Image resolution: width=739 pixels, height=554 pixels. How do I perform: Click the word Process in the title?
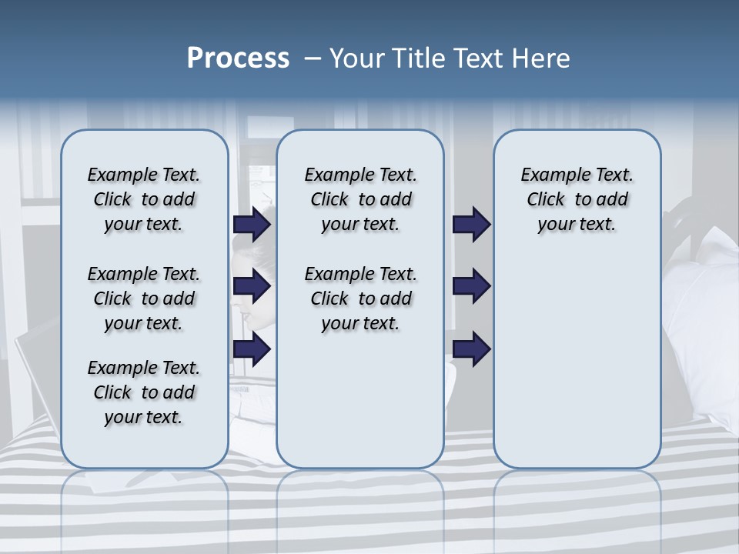tap(238, 58)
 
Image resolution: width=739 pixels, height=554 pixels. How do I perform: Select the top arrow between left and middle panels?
tap(252, 224)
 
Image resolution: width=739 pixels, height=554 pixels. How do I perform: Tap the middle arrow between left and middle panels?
tap(252, 286)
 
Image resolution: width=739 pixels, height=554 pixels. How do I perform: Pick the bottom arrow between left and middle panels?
tap(252, 349)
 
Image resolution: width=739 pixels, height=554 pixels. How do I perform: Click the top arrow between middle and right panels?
tap(471, 224)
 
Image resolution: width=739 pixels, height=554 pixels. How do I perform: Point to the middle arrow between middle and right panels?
tap(471, 286)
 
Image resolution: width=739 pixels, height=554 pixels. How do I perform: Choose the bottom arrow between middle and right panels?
tap(471, 349)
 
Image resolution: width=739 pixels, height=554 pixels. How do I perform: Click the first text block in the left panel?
tap(144, 199)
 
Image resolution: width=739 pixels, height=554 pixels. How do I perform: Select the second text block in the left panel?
tap(144, 299)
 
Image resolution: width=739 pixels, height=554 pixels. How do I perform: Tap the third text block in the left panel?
tap(144, 392)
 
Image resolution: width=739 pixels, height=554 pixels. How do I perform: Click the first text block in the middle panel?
tap(360, 199)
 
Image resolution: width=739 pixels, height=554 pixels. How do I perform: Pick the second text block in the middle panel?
tap(360, 299)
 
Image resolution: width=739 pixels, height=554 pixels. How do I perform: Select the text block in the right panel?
tap(577, 199)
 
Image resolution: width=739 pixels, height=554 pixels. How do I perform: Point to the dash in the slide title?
tap(312, 58)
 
